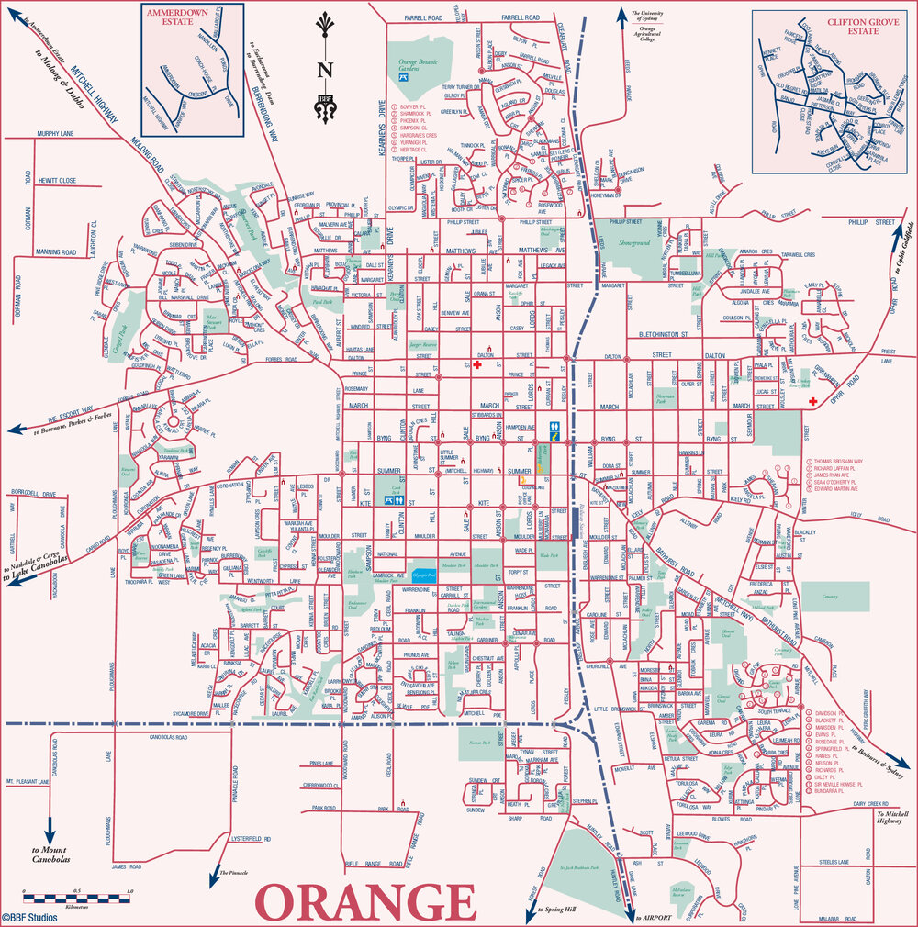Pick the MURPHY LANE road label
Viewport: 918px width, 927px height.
pyautogui.click(x=35, y=134)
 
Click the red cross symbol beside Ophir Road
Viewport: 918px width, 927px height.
pyautogui.click(x=812, y=402)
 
